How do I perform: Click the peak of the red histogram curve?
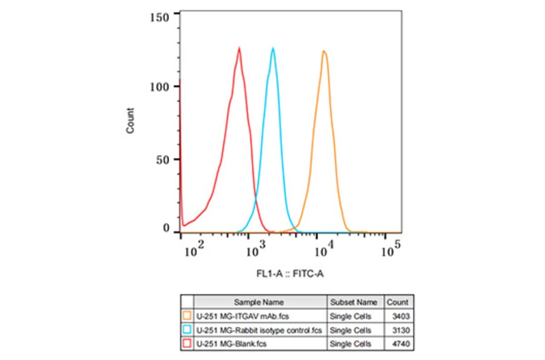point(239,48)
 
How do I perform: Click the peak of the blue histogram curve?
point(273,48)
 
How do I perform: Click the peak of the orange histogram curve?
point(324,51)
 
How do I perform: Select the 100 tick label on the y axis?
point(160,87)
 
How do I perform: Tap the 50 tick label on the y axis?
point(163,159)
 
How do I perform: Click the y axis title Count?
point(130,120)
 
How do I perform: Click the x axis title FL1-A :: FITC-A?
point(290,274)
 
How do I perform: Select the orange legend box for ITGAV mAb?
point(187,316)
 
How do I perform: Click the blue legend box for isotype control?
point(187,330)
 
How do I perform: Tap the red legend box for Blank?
point(187,344)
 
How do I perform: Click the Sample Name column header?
point(260,302)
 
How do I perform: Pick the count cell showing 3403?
point(398,316)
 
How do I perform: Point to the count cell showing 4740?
point(398,344)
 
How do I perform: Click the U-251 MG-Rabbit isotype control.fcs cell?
point(258,330)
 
